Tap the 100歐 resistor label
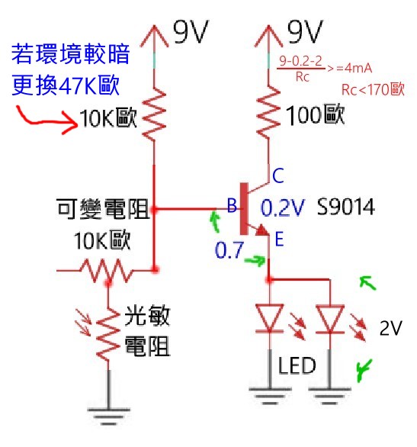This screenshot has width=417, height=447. [316, 115]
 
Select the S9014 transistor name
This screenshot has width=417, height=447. [344, 207]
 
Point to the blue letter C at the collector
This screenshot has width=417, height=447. [279, 174]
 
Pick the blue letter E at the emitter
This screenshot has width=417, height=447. [279, 240]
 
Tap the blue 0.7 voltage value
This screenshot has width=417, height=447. [231, 251]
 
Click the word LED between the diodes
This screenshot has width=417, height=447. [297, 366]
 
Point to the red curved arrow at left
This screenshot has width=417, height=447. [46, 119]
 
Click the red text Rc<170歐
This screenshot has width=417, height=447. [371, 90]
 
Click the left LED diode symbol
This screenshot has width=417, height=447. [271, 318]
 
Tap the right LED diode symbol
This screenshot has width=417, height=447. [329, 318]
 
